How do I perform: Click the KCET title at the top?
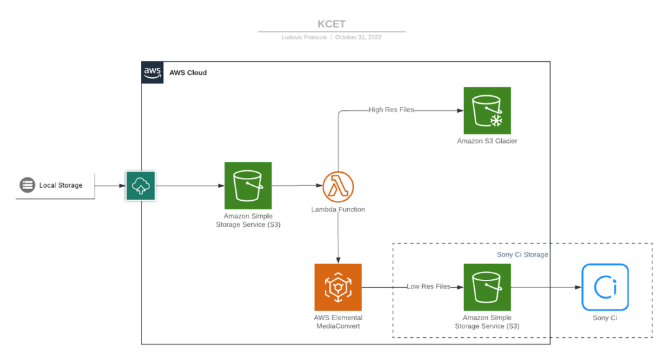click(x=331, y=24)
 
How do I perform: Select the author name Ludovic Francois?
click(x=305, y=37)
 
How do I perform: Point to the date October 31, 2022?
click(x=358, y=37)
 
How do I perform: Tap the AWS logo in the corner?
click(x=152, y=72)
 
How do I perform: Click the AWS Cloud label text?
click(x=188, y=72)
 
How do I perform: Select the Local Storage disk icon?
click(x=27, y=185)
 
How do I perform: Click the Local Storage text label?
click(x=61, y=185)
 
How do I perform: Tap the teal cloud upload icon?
click(x=140, y=186)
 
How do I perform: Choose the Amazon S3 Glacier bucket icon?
click(x=487, y=110)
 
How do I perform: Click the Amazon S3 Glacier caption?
click(x=487, y=141)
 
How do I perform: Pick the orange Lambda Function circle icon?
click(x=338, y=187)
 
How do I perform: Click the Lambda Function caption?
click(x=338, y=209)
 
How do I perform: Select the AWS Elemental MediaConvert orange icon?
click(x=338, y=287)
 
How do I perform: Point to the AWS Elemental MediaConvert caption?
click(x=338, y=322)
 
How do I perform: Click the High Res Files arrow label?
click(x=391, y=110)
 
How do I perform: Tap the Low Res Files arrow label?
click(x=428, y=286)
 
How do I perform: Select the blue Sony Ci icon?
click(x=605, y=287)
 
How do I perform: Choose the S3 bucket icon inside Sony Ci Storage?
click(x=487, y=287)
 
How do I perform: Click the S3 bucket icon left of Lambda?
click(x=248, y=186)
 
